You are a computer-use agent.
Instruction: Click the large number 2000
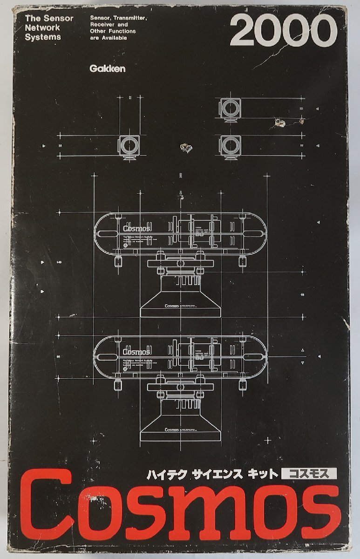[283, 31]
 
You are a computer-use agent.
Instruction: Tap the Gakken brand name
[107, 68]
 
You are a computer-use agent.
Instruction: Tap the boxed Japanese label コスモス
[309, 474]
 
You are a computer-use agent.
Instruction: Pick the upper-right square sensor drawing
[229, 109]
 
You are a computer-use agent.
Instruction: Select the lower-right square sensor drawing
[229, 145]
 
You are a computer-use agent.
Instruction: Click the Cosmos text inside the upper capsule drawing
[136, 228]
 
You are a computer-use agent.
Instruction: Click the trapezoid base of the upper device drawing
[180, 305]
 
